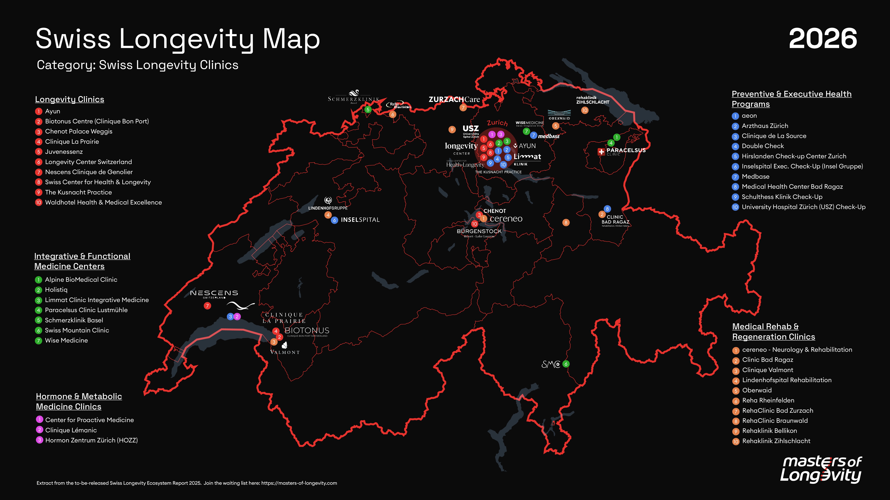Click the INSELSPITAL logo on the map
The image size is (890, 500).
click(x=360, y=220)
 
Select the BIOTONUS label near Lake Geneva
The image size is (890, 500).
click(x=307, y=331)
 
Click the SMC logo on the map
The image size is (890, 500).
click(x=551, y=364)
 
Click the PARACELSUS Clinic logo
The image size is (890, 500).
click(x=622, y=151)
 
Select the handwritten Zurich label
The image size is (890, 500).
click(x=497, y=123)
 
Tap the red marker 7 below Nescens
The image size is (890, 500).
click(x=207, y=306)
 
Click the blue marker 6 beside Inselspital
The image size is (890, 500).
click(x=334, y=220)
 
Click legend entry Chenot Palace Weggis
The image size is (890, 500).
click(x=78, y=131)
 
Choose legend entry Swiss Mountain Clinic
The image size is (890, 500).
click(x=77, y=330)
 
